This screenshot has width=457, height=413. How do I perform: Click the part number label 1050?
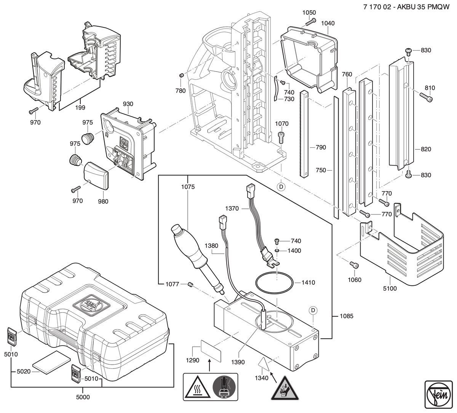pos(309,13)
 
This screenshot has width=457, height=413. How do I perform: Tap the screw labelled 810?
pos(426,97)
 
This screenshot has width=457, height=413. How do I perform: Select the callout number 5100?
pos(390,288)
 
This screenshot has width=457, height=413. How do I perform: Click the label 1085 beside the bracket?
pos(347,316)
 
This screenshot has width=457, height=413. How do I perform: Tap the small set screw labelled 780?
pos(182,75)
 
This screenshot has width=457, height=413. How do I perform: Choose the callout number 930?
pos(128,104)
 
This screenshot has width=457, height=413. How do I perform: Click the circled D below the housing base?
pos(281,187)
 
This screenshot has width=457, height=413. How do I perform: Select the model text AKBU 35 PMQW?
pos(423,7)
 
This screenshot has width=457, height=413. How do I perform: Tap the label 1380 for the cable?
pos(211,246)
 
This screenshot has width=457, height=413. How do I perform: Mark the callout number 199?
pos(80,107)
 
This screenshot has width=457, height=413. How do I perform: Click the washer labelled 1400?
pos(277,251)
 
